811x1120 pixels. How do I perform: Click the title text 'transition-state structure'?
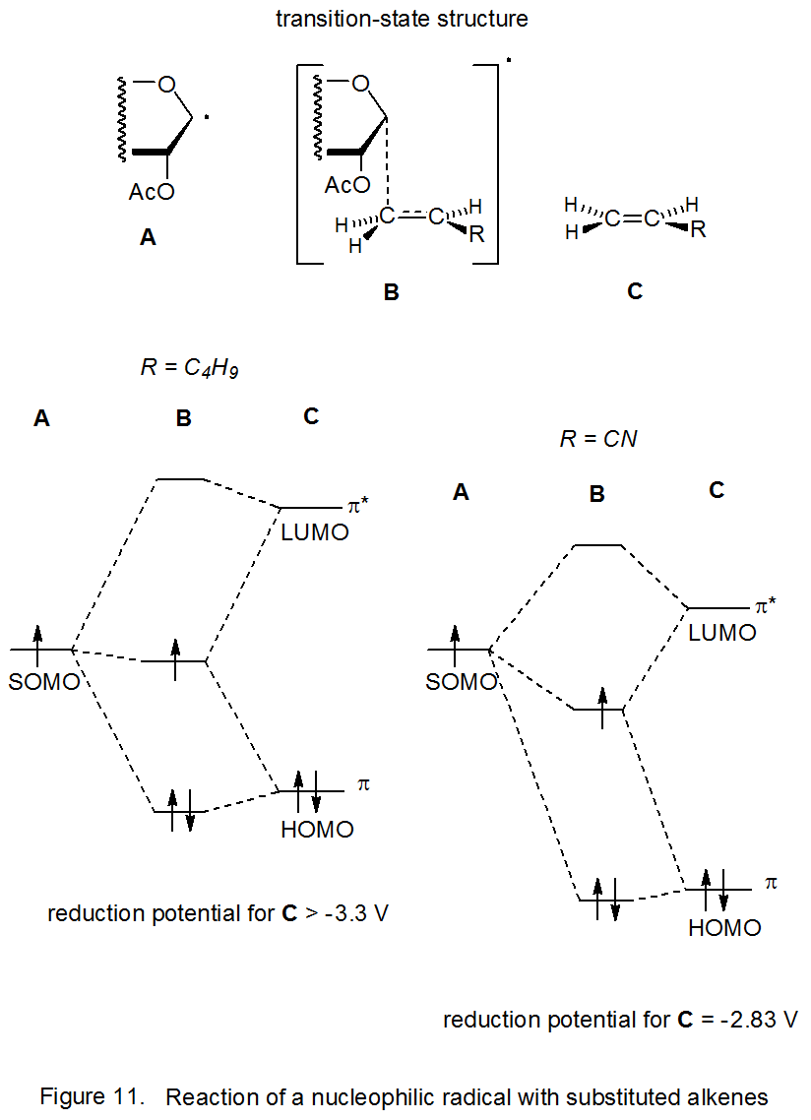point(402,19)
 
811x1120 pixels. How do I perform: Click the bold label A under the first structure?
point(148,237)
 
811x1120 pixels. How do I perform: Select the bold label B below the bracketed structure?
point(391,292)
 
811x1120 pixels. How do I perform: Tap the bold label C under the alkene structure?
point(635,291)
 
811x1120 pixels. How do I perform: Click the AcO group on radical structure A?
point(152,192)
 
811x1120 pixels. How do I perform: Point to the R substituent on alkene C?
point(698,230)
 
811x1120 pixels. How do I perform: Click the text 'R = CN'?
point(598,439)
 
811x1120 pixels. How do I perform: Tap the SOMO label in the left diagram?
point(43,681)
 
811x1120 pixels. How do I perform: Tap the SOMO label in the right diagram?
point(461,681)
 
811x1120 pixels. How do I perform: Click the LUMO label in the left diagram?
point(315,532)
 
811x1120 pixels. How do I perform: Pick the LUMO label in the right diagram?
point(722,633)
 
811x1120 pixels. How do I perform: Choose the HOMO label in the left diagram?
point(317,830)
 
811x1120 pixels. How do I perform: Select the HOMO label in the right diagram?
point(724,927)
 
